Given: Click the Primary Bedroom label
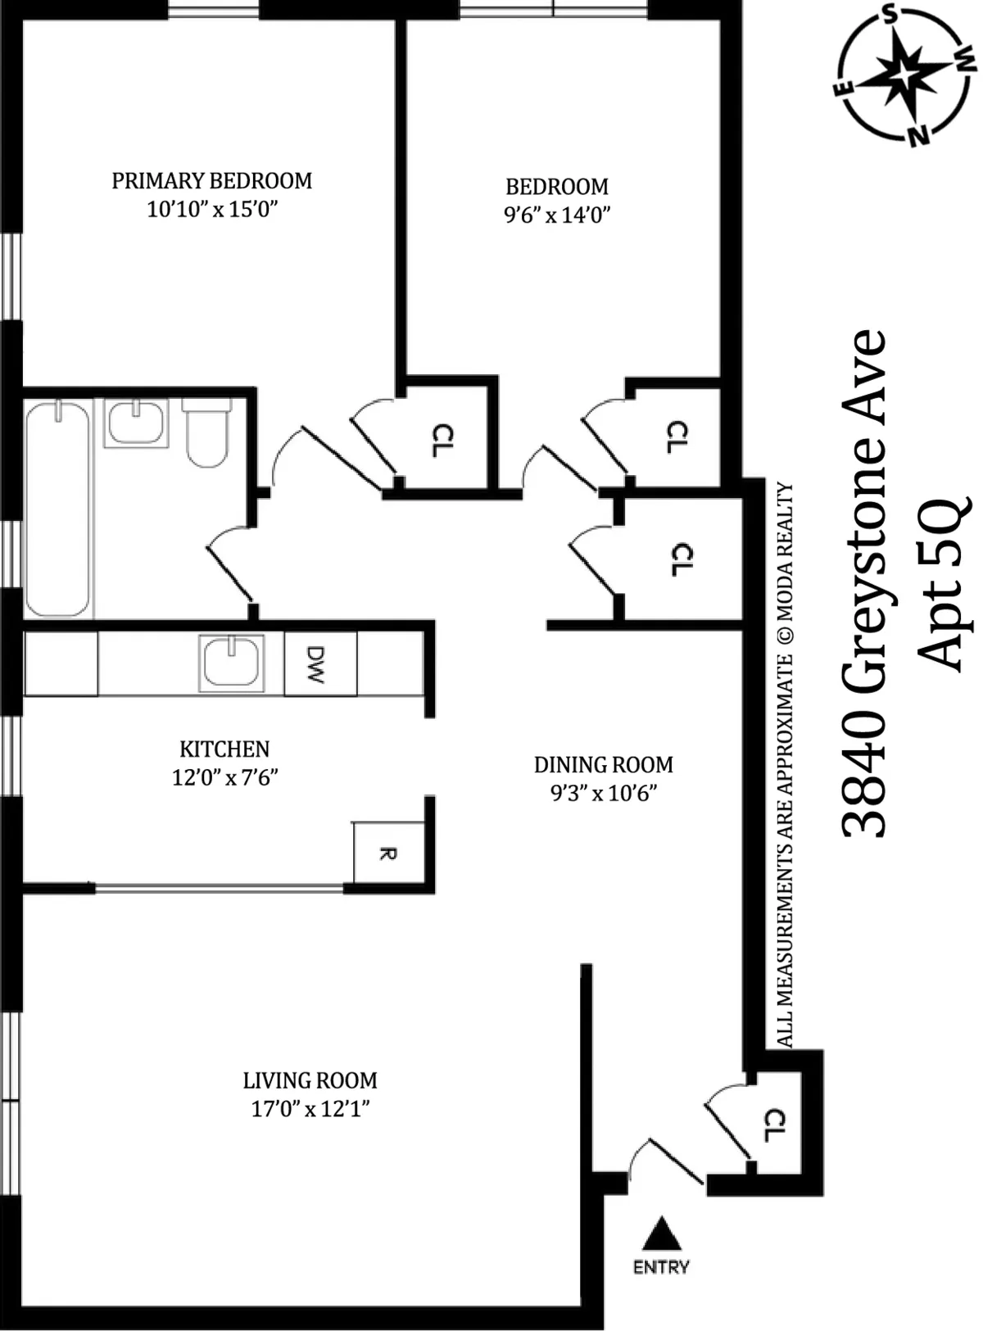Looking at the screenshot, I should [x=211, y=180].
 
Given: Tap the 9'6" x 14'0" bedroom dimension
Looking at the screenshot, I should [x=557, y=215].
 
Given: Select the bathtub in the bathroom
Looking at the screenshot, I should [x=57, y=509].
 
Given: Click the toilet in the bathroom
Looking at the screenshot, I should [x=206, y=435].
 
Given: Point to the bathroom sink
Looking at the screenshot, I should [x=136, y=423].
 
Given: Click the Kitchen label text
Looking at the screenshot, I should [x=224, y=749].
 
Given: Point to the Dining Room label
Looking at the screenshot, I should [x=604, y=764].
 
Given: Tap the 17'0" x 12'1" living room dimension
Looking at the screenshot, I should [x=311, y=1109].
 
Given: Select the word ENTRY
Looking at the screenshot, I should [x=661, y=1267].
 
